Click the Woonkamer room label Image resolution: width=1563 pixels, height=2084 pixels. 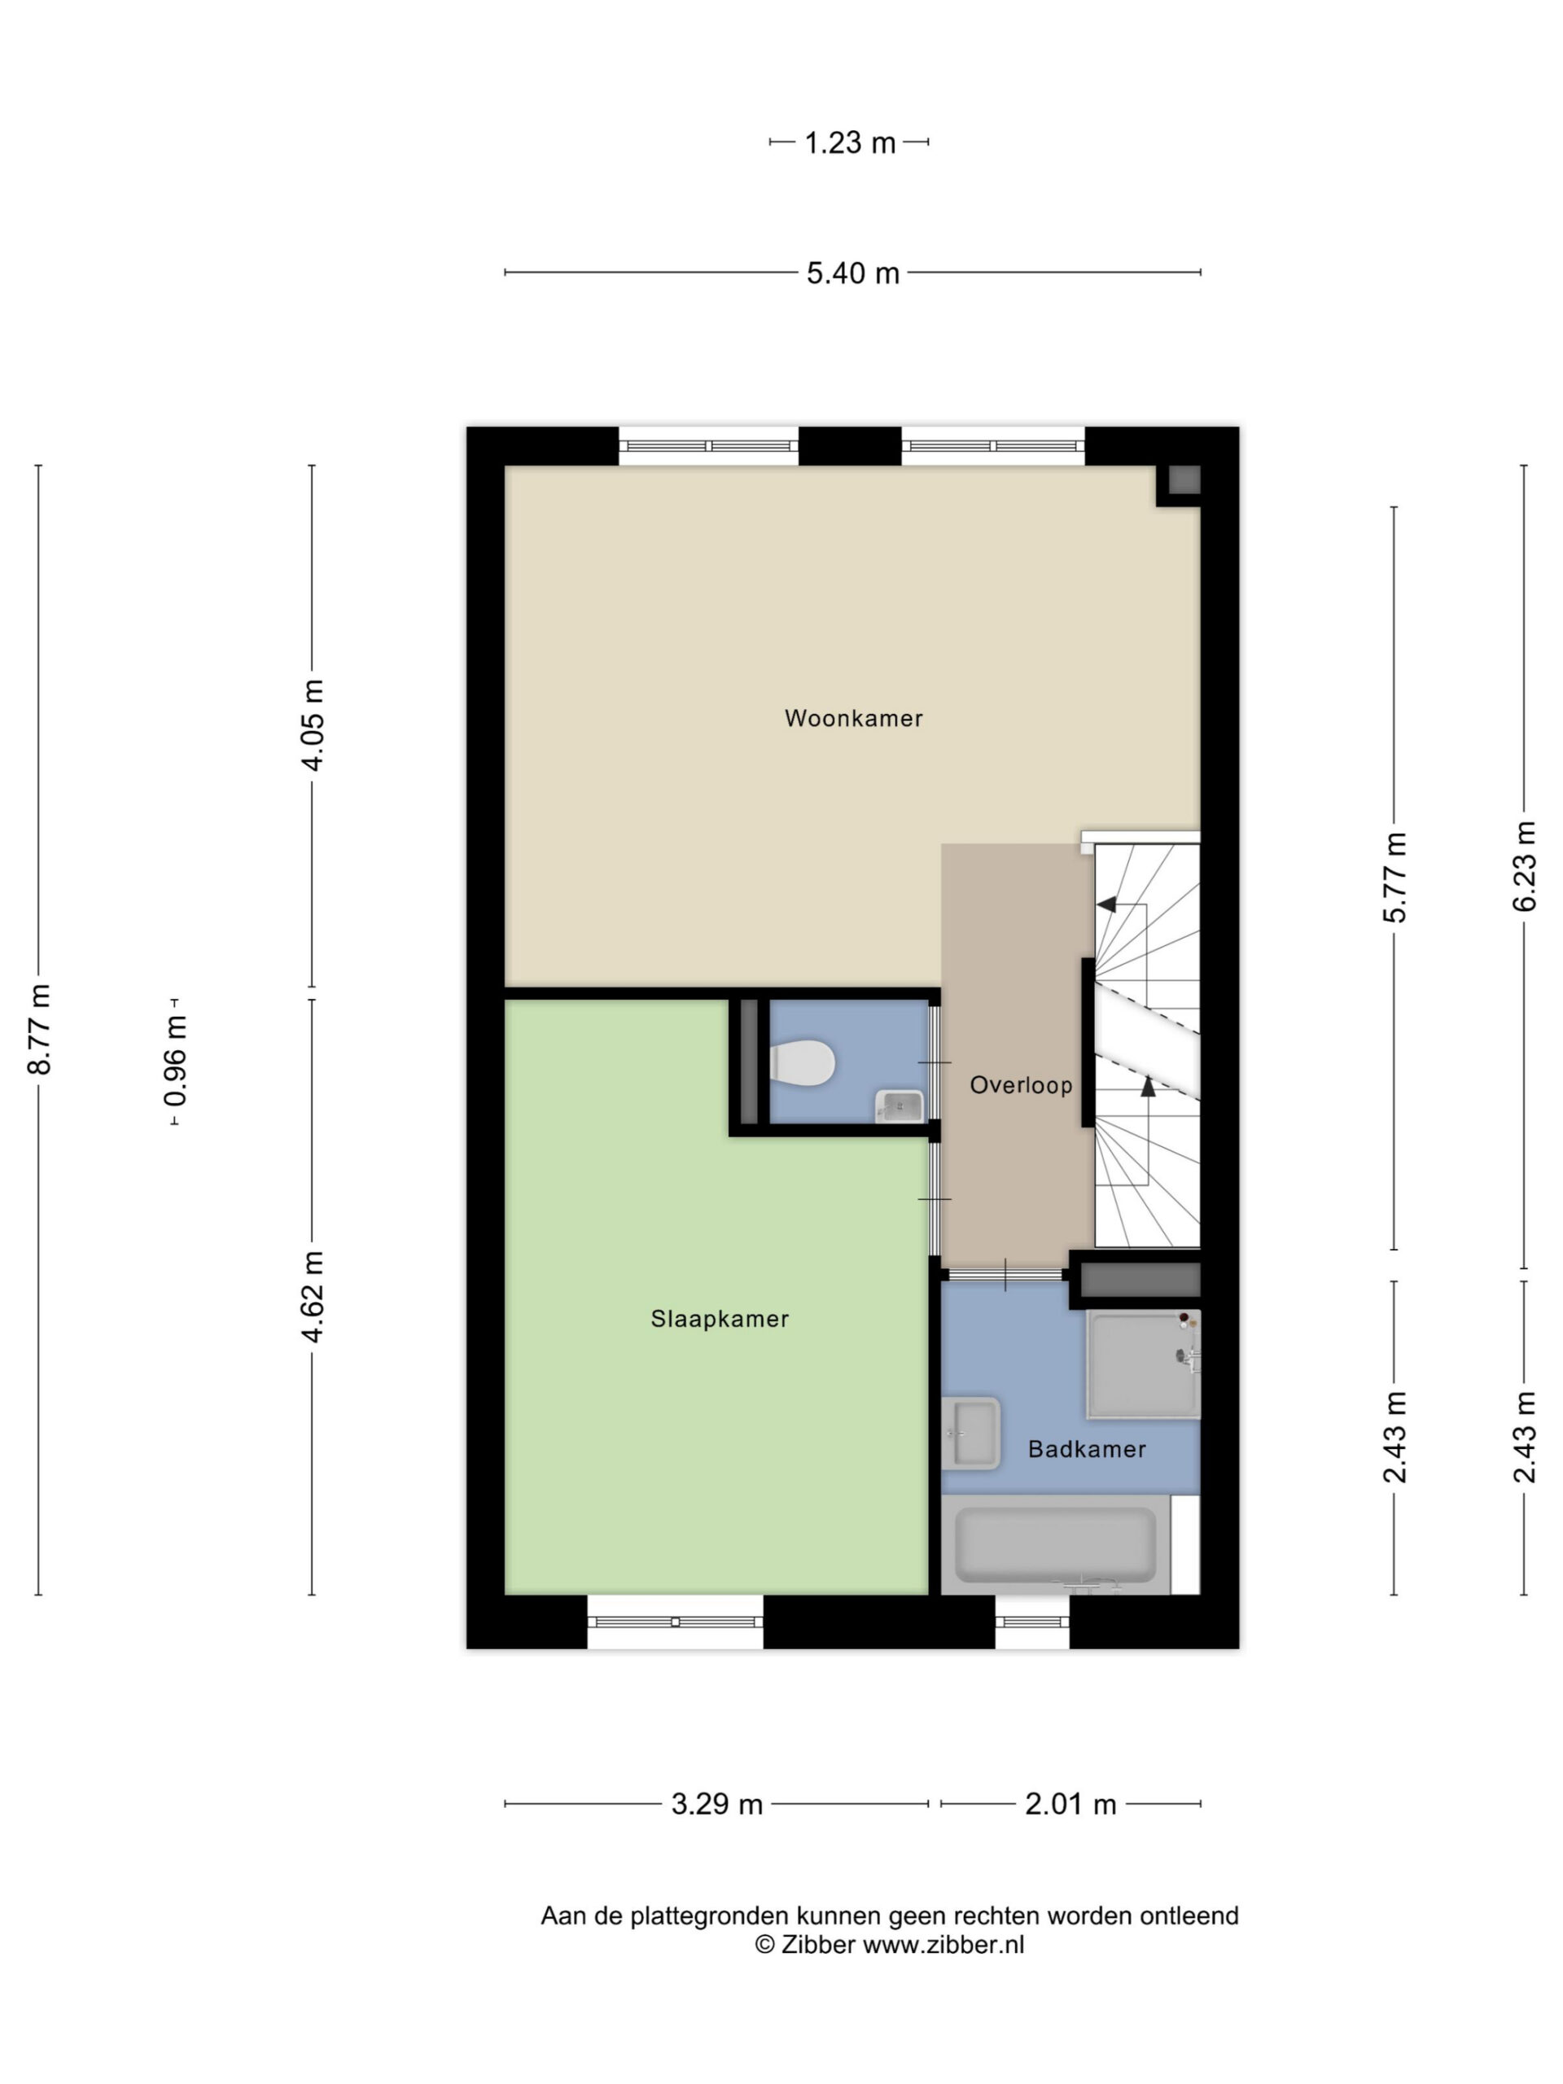[x=852, y=719]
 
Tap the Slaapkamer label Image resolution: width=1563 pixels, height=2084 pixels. [x=720, y=1319]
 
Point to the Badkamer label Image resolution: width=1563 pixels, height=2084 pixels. [x=1086, y=1449]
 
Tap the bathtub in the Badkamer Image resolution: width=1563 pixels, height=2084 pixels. [x=1055, y=1544]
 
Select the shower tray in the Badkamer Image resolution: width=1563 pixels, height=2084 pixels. [x=1144, y=1364]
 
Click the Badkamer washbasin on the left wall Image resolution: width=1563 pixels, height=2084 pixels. [x=970, y=1433]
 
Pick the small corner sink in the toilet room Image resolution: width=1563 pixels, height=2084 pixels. [x=900, y=1105]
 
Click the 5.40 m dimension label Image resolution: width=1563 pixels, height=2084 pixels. [x=852, y=274]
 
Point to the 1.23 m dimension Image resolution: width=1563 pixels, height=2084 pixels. [x=850, y=143]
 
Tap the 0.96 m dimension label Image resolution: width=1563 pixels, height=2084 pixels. [x=175, y=1061]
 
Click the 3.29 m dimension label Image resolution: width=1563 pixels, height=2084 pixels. [x=717, y=1804]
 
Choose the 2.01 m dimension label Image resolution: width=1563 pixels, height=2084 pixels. [x=1070, y=1804]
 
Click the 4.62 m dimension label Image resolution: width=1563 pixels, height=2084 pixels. [x=313, y=1296]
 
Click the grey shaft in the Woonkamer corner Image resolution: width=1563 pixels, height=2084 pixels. [x=1184, y=480]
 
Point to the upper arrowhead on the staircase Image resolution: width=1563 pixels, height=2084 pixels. [x=1107, y=904]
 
